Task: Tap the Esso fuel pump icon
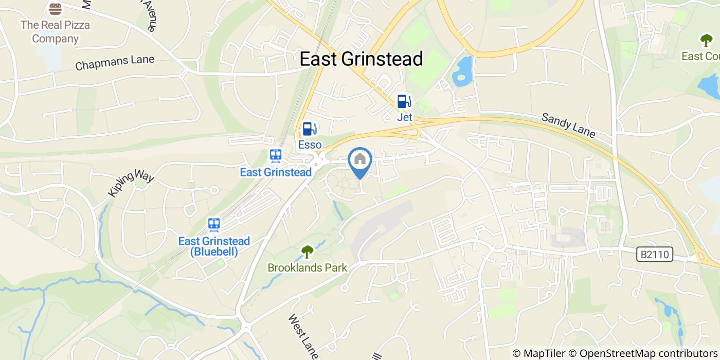tap(309, 129)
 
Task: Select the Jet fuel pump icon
tap(404, 101)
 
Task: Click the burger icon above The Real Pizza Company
tap(55, 9)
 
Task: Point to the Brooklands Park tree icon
tap(307, 252)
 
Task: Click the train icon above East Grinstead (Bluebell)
tap(214, 225)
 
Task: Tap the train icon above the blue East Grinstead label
tap(276, 156)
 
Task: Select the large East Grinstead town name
tap(361, 59)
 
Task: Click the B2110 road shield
tap(654, 254)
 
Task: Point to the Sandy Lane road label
tap(568, 125)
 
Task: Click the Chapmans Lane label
tap(115, 63)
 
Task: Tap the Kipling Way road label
tap(131, 184)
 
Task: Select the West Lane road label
tap(304, 336)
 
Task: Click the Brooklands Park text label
tap(307, 267)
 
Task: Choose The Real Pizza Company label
tap(55, 31)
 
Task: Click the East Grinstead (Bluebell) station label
tap(214, 246)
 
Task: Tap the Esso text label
tap(310, 145)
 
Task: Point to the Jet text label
tap(405, 117)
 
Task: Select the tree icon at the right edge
tap(705, 40)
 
